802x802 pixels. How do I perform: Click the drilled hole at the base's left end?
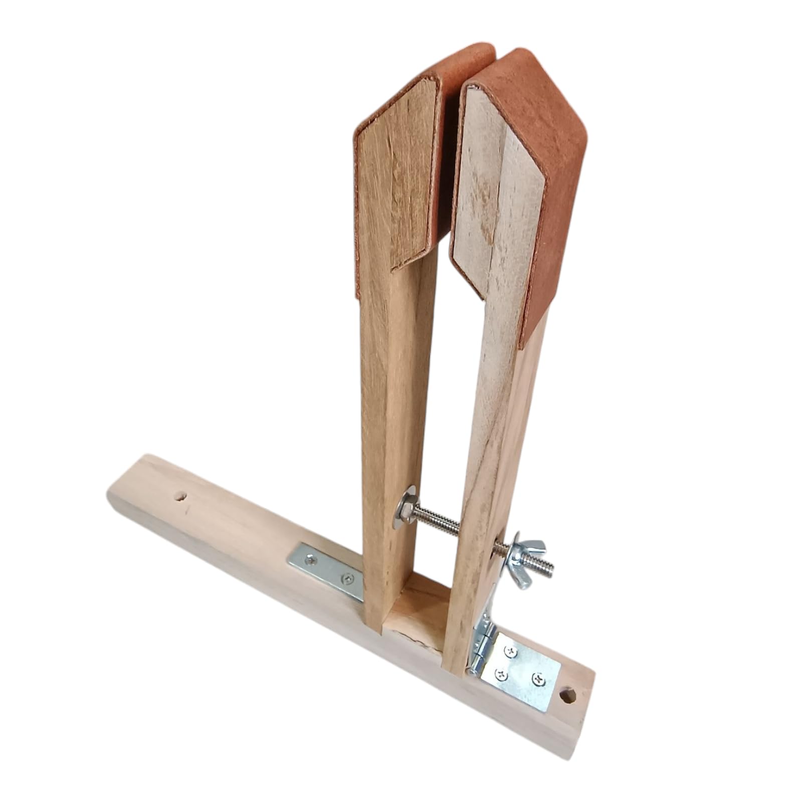(x=180, y=498)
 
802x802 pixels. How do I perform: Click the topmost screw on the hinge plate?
(x=511, y=652)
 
